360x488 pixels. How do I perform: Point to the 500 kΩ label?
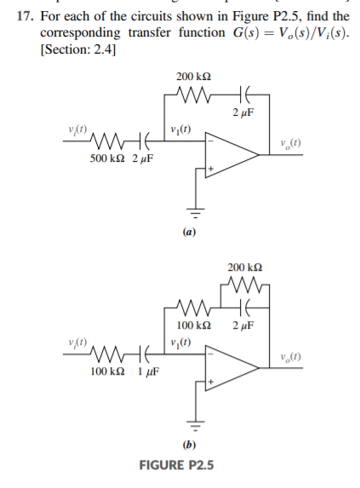pos(106,158)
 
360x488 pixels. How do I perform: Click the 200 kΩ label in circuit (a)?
pos(190,77)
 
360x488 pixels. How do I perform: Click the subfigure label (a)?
pos(190,232)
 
